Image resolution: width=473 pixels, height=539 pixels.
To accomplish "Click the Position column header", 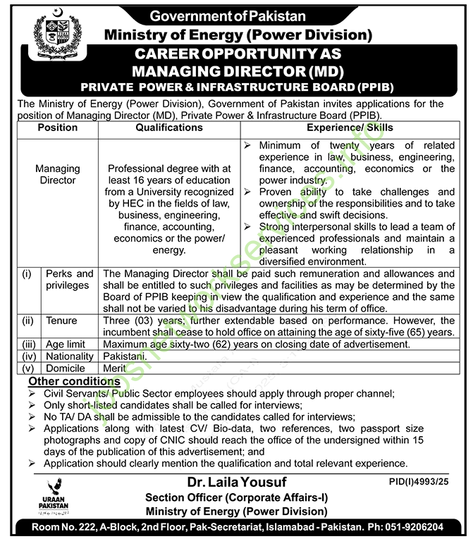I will (x=58, y=128).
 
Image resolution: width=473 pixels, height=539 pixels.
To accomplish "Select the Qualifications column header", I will (x=169, y=128).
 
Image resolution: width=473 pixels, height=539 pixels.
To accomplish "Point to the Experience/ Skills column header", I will (x=350, y=128).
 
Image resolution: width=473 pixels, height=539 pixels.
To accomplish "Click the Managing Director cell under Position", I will (x=58, y=175).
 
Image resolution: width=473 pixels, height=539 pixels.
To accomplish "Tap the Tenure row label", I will (x=62, y=321).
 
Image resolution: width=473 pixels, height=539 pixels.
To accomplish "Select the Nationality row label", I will (x=70, y=357).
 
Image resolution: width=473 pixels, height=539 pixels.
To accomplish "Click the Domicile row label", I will (x=66, y=368).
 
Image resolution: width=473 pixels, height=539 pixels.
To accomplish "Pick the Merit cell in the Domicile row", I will (x=114, y=368).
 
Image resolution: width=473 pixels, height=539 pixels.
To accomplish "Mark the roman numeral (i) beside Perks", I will (x=26, y=273).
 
